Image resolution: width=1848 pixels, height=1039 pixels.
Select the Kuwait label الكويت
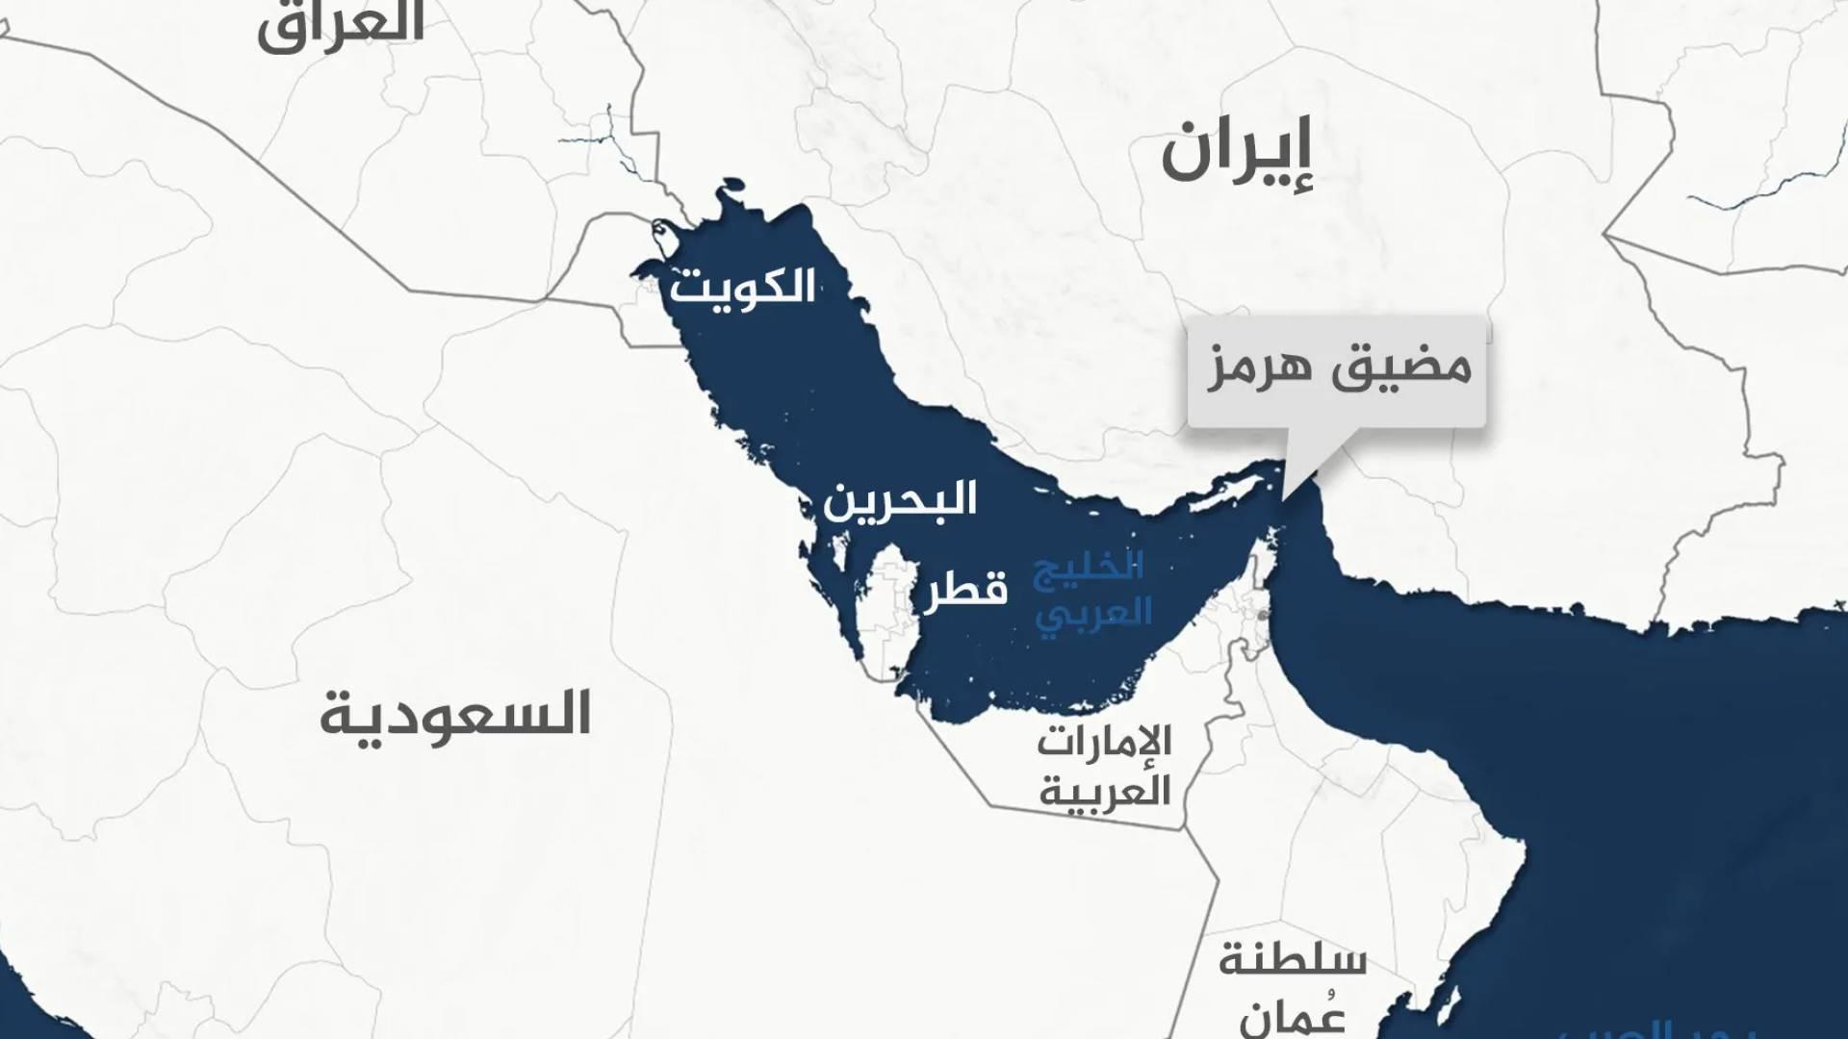coord(742,287)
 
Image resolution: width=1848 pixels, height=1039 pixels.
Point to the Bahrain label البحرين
coord(899,499)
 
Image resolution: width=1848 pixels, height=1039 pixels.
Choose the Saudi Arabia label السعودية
coord(454,714)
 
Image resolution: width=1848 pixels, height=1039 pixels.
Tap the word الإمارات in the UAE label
coord(1104,742)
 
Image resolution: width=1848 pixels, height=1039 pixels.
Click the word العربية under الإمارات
coord(1104,791)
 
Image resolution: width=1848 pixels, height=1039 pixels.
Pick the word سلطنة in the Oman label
coord(1292,960)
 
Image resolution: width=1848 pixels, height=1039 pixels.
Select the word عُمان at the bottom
coord(1292,1015)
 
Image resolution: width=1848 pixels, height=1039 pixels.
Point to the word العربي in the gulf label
coord(1093,613)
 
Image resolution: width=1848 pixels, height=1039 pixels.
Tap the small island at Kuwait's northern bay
coord(662,232)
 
